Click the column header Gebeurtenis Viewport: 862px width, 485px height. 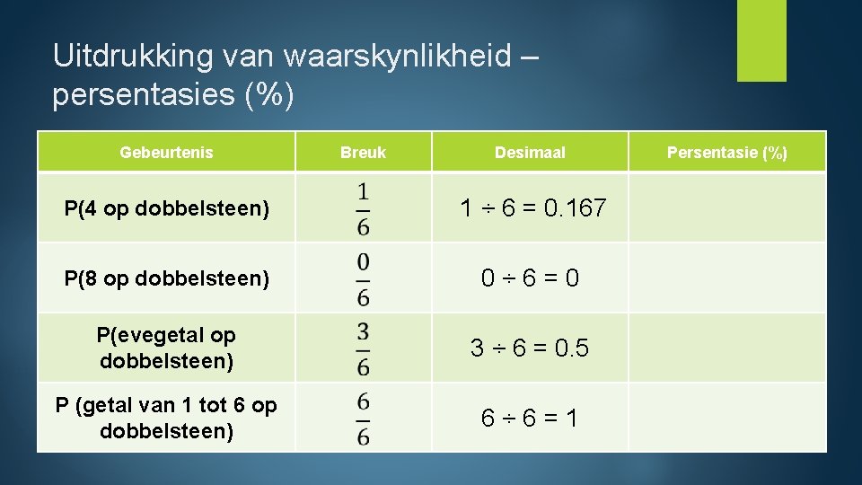166,153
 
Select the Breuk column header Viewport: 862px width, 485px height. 363,153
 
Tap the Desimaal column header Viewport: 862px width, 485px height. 530,153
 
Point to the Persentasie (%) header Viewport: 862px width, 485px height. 726,153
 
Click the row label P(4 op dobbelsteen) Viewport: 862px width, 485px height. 166,209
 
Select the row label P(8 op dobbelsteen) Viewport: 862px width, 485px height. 166,278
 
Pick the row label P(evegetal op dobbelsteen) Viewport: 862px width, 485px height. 166,348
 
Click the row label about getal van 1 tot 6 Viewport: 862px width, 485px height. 166,418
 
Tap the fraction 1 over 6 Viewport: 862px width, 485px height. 363,208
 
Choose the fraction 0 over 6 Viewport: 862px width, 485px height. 363,278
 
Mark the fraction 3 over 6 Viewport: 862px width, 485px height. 363,348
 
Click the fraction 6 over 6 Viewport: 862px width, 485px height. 363,418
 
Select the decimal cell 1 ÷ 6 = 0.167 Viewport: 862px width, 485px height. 532,208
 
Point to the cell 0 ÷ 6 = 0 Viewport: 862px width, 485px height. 530,278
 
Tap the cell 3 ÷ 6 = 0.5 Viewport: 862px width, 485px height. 530,348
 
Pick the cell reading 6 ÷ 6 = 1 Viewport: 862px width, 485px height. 530,418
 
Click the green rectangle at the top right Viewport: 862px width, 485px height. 761,40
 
